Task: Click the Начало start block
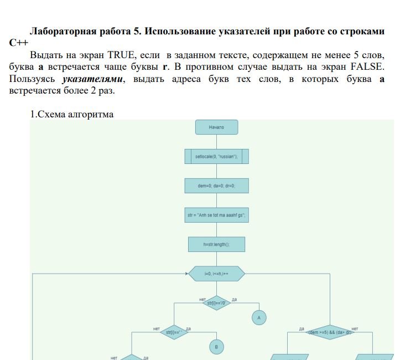[216, 127]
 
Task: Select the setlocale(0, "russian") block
[216, 157]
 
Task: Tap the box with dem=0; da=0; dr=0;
[216, 186]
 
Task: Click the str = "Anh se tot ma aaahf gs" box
[216, 215]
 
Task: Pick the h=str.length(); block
[216, 244]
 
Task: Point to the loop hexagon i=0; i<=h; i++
[216, 274]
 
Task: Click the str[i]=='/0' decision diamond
[216, 303]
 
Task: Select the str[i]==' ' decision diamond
[174, 332]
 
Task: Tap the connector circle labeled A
[259, 317]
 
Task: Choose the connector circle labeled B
[216, 347]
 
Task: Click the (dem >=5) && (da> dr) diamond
[330, 332]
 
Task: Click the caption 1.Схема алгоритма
[71, 114]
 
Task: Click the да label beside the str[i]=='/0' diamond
[235, 300]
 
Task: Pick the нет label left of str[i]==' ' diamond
[157, 329]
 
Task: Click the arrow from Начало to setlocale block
[216, 142]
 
